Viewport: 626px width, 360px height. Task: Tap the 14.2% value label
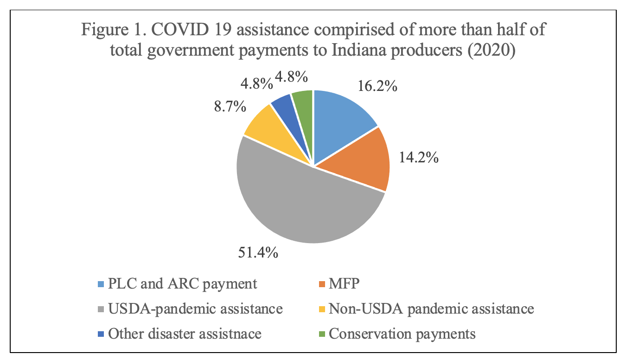coord(418,158)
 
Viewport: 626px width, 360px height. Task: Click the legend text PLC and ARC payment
coord(182,283)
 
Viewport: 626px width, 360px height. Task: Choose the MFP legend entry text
coord(344,283)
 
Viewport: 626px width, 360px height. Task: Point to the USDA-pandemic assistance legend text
coord(195,309)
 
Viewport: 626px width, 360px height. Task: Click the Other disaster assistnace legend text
coord(185,334)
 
